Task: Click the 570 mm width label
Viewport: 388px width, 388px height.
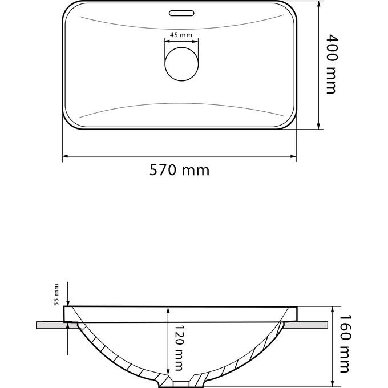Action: pyautogui.click(x=179, y=169)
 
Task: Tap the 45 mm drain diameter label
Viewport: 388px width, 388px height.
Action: pyautogui.click(x=181, y=35)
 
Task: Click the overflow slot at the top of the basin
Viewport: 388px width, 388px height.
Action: pyautogui.click(x=181, y=11)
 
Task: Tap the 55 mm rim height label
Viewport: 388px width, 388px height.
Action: pyautogui.click(x=56, y=294)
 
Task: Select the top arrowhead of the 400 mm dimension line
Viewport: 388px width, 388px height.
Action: pyautogui.click(x=318, y=5)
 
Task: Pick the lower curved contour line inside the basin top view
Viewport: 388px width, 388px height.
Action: pyautogui.click(x=181, y=104)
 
